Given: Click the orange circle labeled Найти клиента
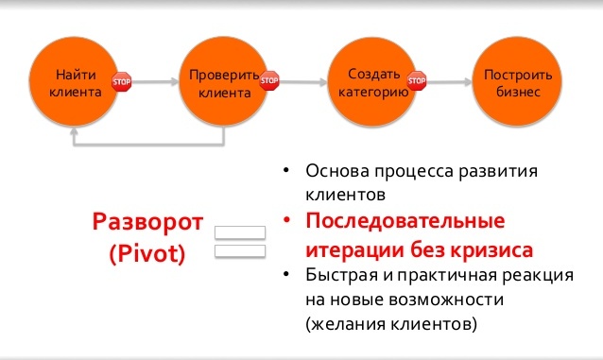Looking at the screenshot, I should pos(73,83).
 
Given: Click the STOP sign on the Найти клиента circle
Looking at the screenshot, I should pos(121,82).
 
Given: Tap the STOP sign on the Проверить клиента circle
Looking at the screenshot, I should pos(269,82).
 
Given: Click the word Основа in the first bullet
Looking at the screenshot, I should pos(337,173).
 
